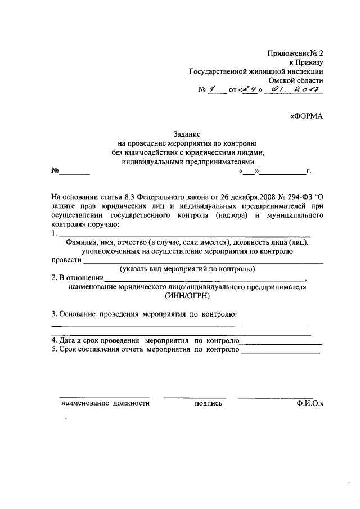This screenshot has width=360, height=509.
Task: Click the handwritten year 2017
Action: [x=308, y=90]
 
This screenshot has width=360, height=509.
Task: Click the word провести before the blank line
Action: [x=66, y=260]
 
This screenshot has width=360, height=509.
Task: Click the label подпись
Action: [x=208, y=403]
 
